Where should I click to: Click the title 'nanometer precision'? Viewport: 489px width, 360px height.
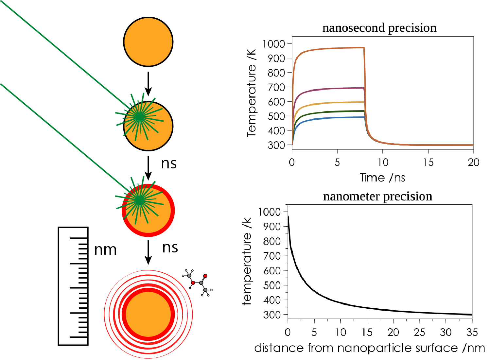point(378,197)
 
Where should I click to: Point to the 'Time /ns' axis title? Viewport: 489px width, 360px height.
point(382,178)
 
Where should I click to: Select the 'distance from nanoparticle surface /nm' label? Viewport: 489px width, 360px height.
point(369,348)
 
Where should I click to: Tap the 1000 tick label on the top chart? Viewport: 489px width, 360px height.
point(274,44)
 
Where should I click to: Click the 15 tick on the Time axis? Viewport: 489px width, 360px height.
point(428,162)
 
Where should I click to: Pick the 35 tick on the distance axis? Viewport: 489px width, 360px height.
point(472,332)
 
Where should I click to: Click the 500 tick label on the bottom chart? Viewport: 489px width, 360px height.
point(272,285)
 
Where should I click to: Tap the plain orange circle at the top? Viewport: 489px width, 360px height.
point(148,42)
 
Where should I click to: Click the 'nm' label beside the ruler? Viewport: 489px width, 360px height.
point(105,250)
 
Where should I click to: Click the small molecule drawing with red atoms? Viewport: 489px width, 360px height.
point(197,283)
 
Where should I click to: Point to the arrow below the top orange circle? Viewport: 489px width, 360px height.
point(148,84)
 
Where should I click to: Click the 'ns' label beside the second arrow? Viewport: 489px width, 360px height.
point(169,163)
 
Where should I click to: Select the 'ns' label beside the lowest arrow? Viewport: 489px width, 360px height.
point(170,248)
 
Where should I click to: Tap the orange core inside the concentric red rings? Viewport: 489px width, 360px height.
point(148,314)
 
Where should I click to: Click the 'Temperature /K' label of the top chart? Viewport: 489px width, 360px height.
point(252,93)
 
